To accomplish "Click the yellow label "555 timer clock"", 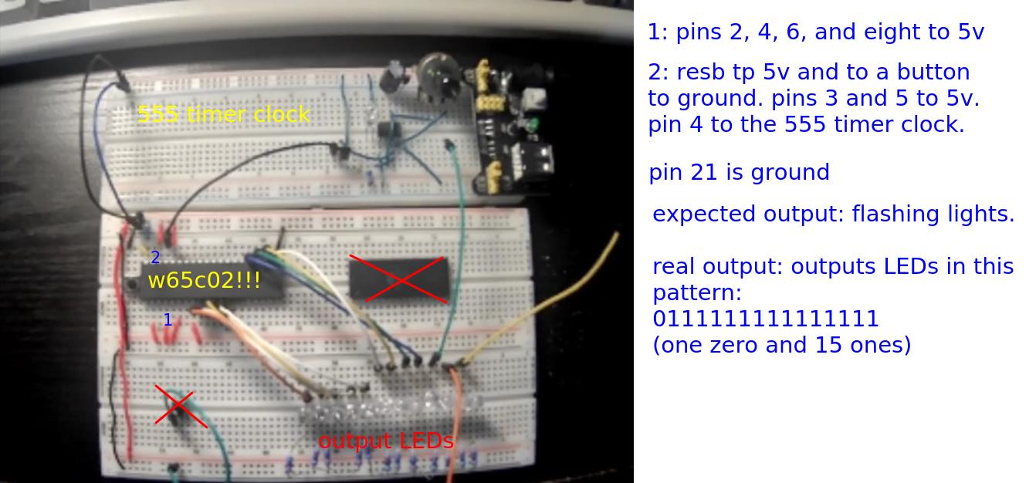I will (x=223, y=115).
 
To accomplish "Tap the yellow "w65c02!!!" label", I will (x=204, y=280).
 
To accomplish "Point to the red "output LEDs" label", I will (x=385, y=441).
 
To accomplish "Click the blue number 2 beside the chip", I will (x=155, y=258).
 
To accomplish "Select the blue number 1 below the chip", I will (x=168, y=319).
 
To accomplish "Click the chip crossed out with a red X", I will (x=398, y=279).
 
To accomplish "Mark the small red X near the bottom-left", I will (x=180, y=406).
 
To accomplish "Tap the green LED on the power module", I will (x=531, y=123).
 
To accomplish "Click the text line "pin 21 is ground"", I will (x=739, y=172).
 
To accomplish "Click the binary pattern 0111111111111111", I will (x=765, y=319).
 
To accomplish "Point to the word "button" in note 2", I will (x=933, y=72).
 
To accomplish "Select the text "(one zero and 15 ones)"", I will (x=781, y=344).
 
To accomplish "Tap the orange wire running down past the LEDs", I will (x=456, y=417).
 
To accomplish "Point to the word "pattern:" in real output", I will (x=696, y=292).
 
